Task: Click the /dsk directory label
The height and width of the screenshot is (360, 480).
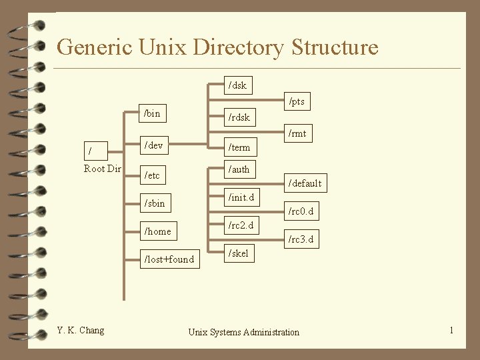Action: (x=237, y=85)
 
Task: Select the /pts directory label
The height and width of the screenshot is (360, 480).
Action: (x=296, y=101)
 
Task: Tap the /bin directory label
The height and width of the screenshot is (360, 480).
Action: (x=152, y=113)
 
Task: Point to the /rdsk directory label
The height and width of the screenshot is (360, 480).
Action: (x=239, y=117)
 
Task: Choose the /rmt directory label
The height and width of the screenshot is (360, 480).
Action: (x=297, y=133)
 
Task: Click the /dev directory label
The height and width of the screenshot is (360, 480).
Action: (x=154, y=145)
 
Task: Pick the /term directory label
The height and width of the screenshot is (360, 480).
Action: (x=239, y=147)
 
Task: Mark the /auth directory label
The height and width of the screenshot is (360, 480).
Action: (x=239, y=169)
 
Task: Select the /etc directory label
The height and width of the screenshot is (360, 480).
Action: (x=152, y=175)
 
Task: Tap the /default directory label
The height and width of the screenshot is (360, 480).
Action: (x=304, y=183)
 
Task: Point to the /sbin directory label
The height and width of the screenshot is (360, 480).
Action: (x=155, y=203)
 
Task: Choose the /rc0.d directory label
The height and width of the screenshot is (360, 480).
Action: (x=300, y=212)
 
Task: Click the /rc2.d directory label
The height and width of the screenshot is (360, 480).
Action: (x=241, y=225)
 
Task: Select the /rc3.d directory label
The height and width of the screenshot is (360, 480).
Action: (x=300, y=239)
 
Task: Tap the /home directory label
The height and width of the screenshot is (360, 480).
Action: (x=158, y=231)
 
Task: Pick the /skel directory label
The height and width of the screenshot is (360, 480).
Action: (x=238, y=253)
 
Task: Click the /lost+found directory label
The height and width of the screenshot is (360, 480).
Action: (x=169, y=259)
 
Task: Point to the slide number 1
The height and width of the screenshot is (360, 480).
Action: (x=451, y=330)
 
